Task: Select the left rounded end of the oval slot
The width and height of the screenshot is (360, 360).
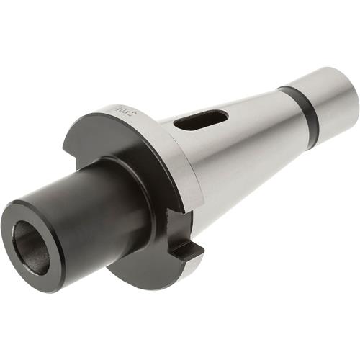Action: coord(180,127)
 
